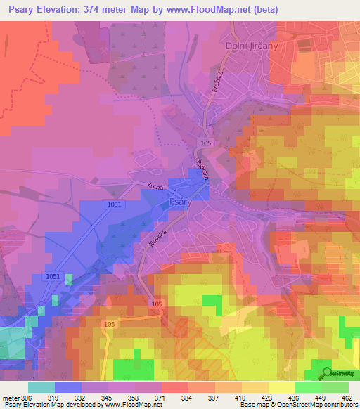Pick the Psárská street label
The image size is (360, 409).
(203, 173)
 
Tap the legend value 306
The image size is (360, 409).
(27, 397)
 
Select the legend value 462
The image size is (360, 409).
(348, 397)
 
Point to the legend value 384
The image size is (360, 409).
(188, 397)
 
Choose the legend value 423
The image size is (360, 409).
(268, 397)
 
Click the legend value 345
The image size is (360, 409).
(108, 397)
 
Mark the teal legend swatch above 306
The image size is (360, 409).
(41, 387)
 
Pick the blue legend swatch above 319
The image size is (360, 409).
(67, 387)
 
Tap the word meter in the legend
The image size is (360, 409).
(11, 397)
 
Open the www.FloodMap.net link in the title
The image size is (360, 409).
(214, 10)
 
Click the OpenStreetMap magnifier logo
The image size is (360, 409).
(327, 372)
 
